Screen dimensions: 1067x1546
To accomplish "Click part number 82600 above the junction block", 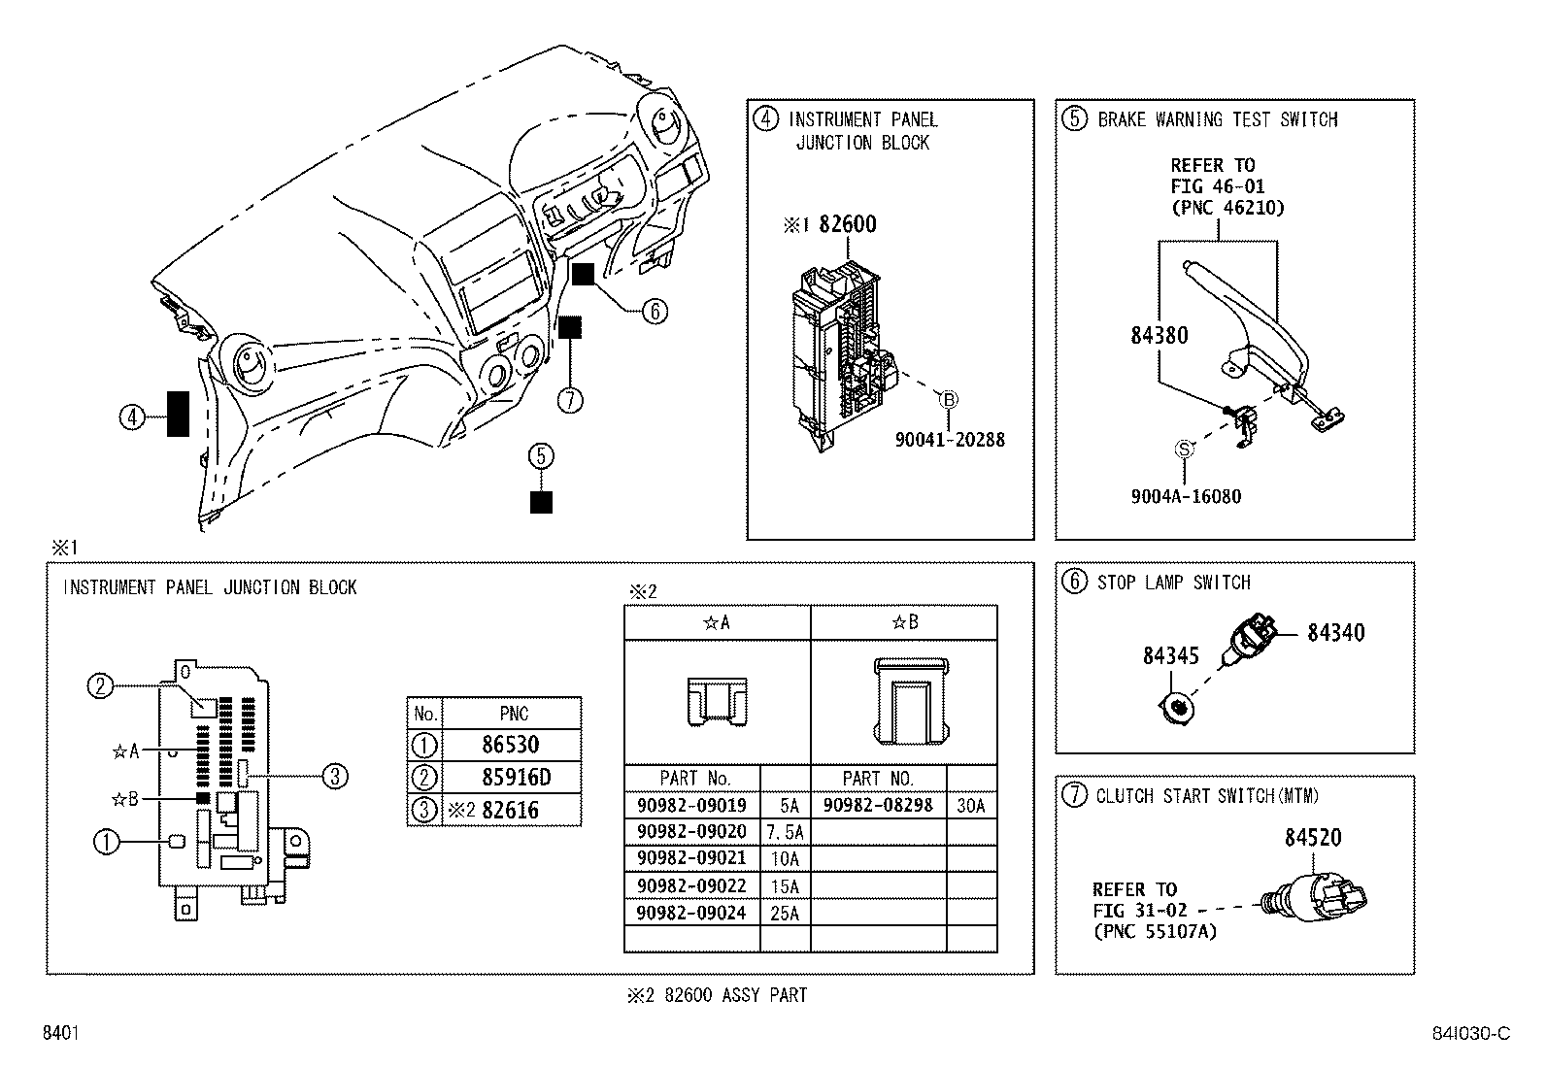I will pos(847,224).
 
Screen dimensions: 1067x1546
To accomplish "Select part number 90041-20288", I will pos(950,440).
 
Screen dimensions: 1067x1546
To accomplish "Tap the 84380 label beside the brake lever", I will pos(1159,336).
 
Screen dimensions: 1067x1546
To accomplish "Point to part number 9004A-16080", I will pos(1185,497).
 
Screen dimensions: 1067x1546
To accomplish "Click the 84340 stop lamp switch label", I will pos(1335,633).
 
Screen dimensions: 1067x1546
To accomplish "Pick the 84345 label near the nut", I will pos(1170,656).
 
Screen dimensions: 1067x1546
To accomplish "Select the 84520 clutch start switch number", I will pos(1313,837).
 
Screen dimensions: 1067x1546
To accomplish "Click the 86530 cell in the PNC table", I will pos(510,746).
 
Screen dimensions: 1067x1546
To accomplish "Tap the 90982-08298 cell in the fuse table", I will pos(878,805).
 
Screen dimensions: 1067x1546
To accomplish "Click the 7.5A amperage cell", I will pos(784,832).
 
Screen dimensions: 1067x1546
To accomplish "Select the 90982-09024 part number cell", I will pos(691,913).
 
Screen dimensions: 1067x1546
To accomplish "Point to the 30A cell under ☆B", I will pos(970,805).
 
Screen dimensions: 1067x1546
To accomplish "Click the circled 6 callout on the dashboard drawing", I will pos(655,311).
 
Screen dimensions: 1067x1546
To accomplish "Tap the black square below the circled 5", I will pos(541,502).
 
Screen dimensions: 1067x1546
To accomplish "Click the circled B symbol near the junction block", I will pos(949,398).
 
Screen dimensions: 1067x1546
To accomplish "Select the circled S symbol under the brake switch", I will pos(1184,449).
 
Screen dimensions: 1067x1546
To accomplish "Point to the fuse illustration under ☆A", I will pos(717,701).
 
